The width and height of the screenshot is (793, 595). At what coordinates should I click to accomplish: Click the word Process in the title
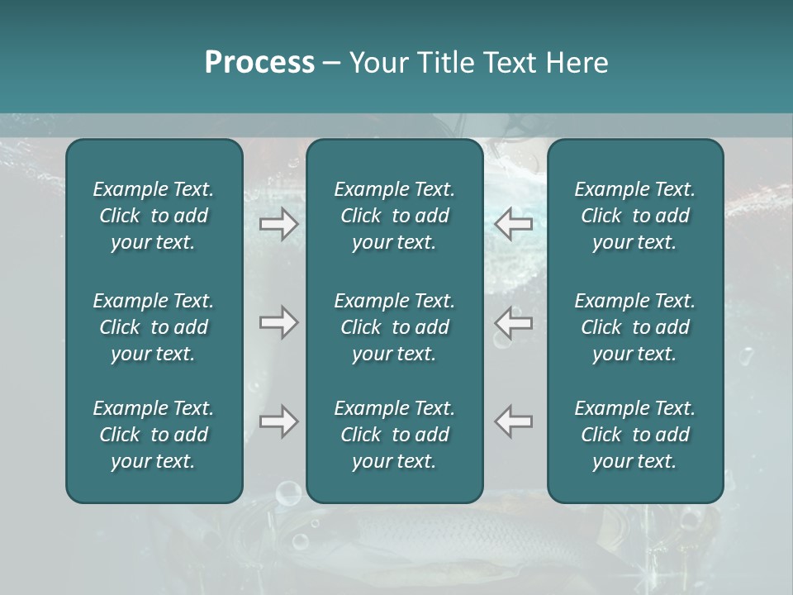point(259,63)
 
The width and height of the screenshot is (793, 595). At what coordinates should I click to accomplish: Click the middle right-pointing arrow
point(278,322)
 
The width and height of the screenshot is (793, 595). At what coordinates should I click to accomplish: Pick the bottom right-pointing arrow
point(278,421)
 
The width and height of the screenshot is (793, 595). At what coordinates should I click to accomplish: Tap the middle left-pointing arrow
point(514,322)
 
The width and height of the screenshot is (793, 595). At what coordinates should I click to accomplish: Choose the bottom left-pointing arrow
point(514,421)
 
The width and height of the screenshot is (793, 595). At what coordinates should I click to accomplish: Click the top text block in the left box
point(154,216)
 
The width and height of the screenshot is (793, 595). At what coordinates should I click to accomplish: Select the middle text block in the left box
point(154,327)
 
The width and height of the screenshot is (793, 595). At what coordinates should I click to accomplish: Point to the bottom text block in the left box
point(154,435)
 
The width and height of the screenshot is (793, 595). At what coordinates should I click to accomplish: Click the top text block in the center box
point(395,216)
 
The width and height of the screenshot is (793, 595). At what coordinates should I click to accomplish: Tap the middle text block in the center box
point(395,327)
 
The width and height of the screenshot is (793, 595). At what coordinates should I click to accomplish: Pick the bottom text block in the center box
point(395,435)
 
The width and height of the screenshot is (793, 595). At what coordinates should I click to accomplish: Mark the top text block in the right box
point(635,216)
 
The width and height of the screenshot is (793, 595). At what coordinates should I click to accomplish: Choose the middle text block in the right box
point(635,327)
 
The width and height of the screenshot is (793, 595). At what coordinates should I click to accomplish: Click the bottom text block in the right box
point(635,435)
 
